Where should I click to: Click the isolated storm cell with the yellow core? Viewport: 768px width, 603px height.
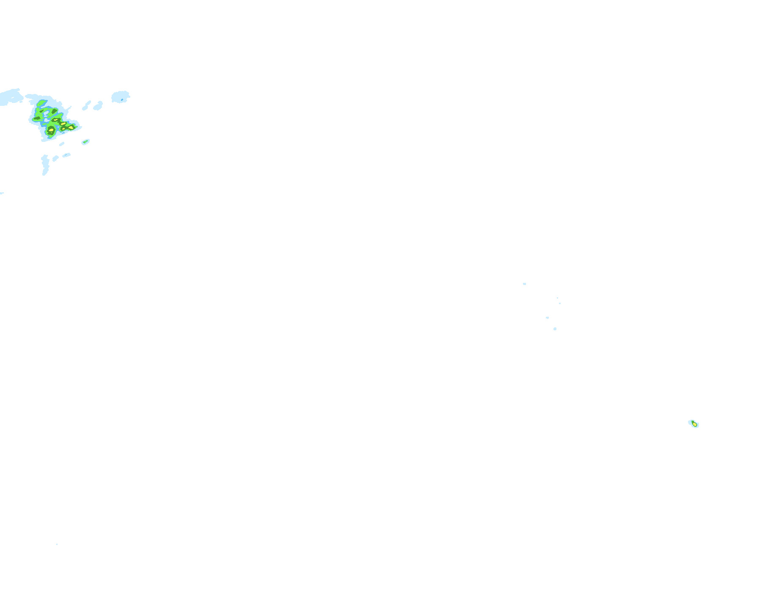[x=694, y=424]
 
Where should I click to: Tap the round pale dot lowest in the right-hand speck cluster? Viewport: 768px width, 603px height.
[x=555, y=329]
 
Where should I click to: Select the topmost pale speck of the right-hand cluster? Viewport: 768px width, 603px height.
[x=524, y=284]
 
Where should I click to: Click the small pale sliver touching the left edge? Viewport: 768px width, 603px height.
[x=2, y=193]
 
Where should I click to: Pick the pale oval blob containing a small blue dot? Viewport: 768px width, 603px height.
[x=120, y=97]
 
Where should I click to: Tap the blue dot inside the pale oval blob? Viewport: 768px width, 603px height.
[x=122, y=100]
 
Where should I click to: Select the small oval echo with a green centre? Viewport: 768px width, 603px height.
[x=85, y=142]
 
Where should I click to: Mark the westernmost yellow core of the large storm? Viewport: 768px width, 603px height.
[x=51, y=130]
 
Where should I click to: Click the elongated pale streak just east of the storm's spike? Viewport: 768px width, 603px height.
[x=87, y=105]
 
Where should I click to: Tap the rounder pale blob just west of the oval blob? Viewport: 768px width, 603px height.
[x=98, y=106]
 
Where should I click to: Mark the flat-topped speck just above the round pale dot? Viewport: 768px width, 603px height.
[x=547, y=318]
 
